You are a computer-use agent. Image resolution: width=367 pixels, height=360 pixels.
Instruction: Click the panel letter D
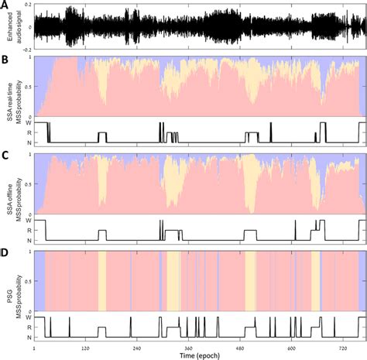point(5,249)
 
